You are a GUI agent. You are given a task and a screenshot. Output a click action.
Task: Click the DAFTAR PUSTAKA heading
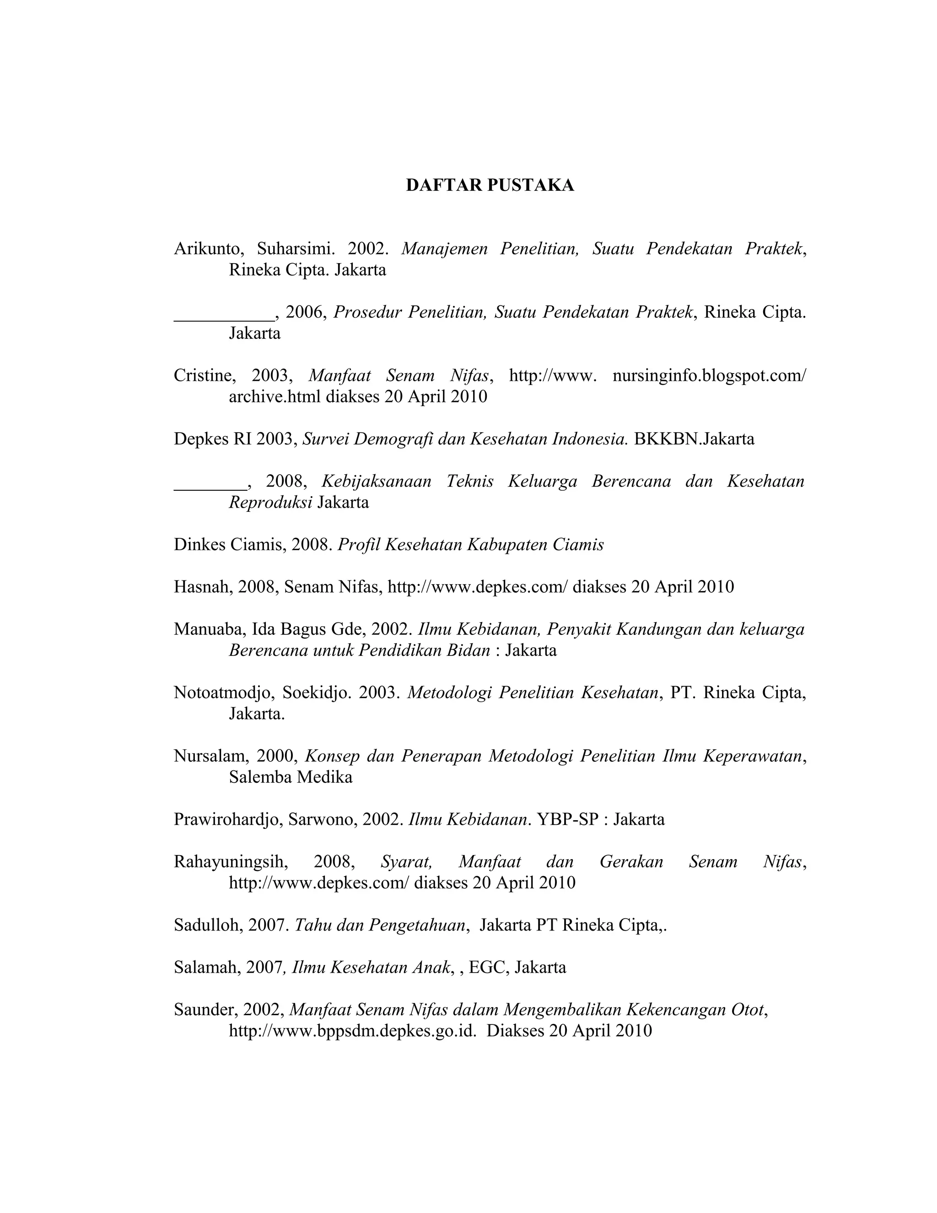[490, 185]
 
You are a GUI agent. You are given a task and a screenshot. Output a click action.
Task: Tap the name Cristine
[203, 375]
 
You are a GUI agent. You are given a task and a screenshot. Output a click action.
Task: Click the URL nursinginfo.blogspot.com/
[709, 375]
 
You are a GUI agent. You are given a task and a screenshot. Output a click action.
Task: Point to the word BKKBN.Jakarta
[694, 439]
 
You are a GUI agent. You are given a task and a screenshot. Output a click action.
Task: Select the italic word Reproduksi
[270, 502]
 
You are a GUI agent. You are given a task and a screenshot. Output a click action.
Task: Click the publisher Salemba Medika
[291, 777]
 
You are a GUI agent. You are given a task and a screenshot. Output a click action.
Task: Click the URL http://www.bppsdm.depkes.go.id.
[352, 1031]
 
